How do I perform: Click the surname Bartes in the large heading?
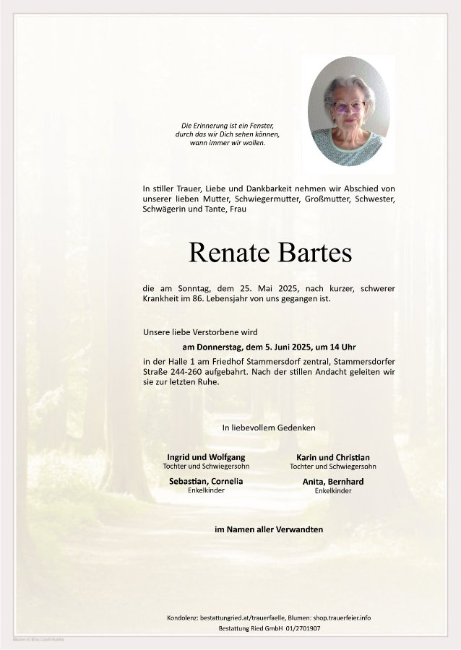pos(313,252)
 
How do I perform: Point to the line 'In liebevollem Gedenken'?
pos(269,428)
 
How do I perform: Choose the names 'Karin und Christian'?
pos(333,457)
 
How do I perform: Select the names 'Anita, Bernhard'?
pos(333,481)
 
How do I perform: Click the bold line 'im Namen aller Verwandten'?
pos(269,529)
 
